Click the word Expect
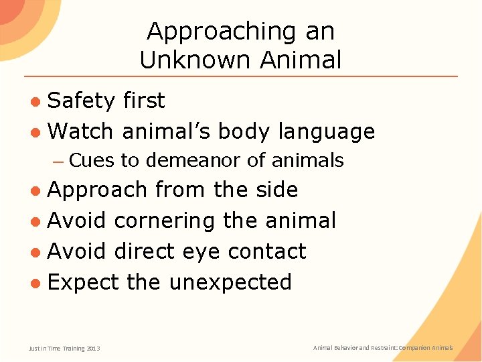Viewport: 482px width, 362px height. pyautogui.click(x=84, y=283)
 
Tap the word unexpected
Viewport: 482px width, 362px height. pyautogui.click(x=230, y=283)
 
